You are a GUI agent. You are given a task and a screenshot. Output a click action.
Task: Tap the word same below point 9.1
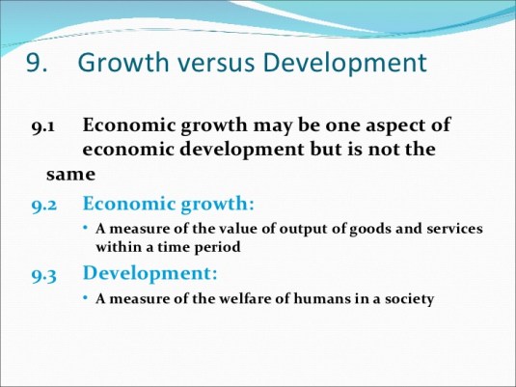tap(70, 175)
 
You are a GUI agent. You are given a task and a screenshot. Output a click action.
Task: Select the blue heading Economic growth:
tap(169, 204)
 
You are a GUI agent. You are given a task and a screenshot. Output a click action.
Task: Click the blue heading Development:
tap(150, 273)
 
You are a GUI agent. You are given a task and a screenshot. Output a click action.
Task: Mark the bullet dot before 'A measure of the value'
tap(86, 229)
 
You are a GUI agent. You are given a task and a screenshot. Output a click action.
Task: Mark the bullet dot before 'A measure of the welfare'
tap(86, 298)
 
